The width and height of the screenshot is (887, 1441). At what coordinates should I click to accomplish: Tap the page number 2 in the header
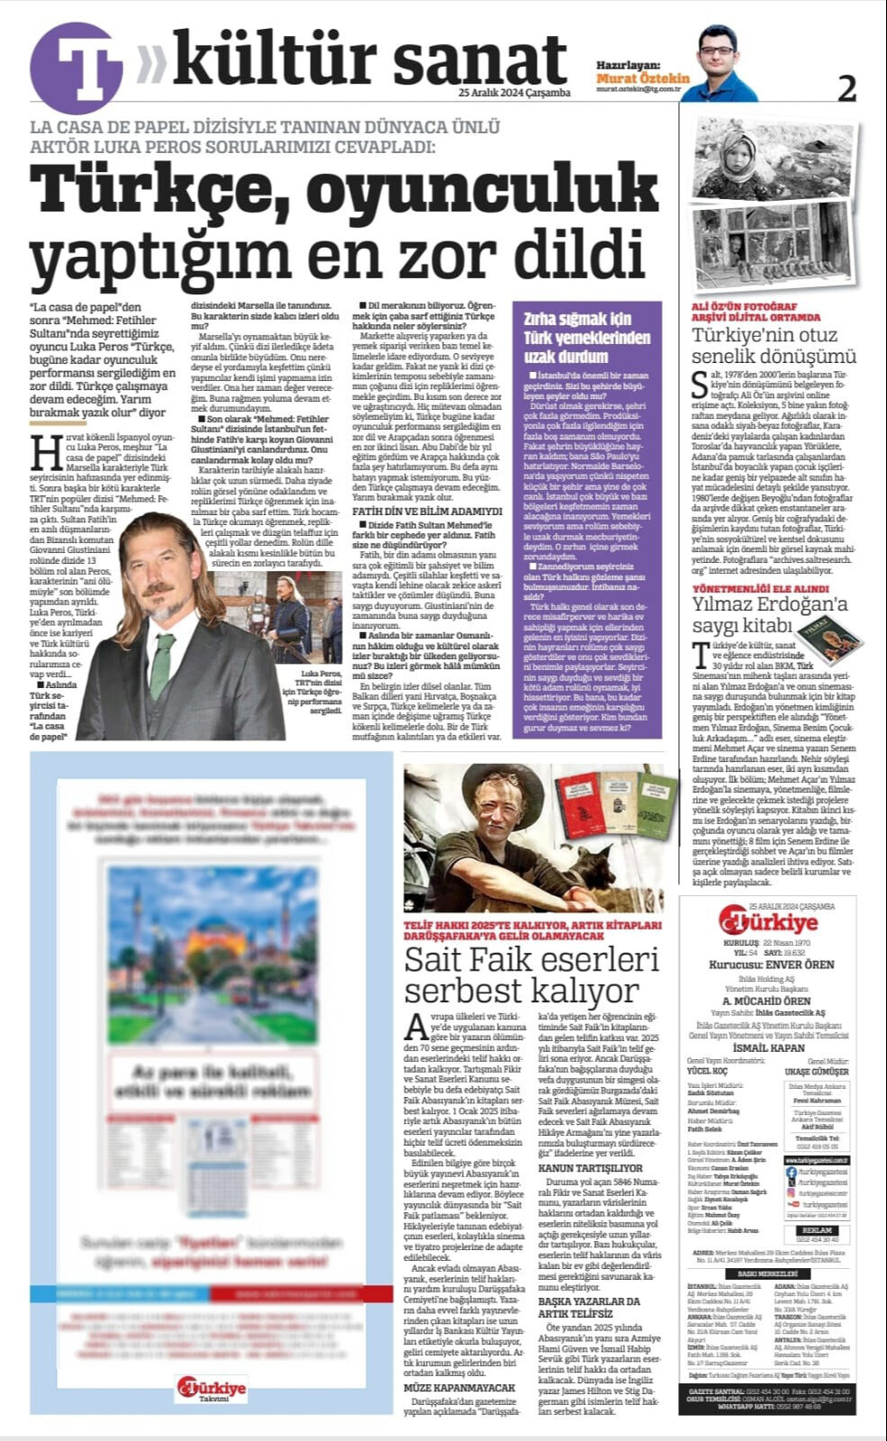click(x=846, y=88)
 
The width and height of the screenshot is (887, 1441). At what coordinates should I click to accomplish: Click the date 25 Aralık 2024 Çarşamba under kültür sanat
click(x=514, y=93)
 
